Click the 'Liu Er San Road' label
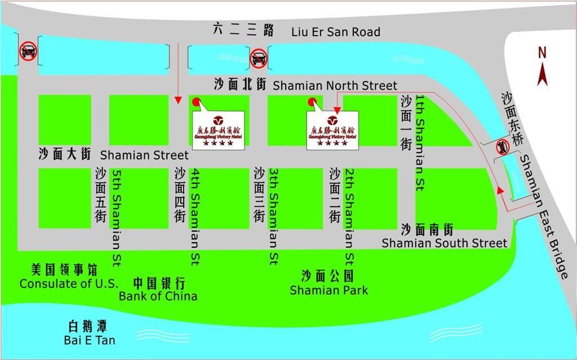(x=335, y=32)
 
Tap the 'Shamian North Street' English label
(x=335, y=86)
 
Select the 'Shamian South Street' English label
(x=445, y=243)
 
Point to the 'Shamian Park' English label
(x=329, y=290)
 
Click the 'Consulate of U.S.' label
(x=69, y=283)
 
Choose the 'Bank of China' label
(x=158, y=296)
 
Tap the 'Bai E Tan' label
(x=90, y=340)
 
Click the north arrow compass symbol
(x=542, y=73)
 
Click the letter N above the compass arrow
(x=542, y=53)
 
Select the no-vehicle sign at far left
(x=28, y=52)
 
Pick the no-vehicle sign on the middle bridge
(x=259, y=57)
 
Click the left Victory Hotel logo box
(x=219, y=130)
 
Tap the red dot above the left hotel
(x=196, y=102)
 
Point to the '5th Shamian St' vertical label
(x=117, y=217)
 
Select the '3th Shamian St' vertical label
(x=273, y=217)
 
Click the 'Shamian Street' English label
(x=144, y=155)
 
